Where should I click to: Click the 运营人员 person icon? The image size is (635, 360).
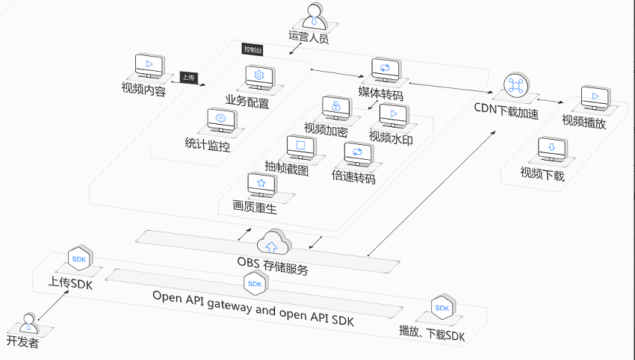point(314,16)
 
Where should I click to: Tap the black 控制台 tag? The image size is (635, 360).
point(253,49)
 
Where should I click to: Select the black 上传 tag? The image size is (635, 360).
point(189,78)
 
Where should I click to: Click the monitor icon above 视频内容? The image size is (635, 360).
point(149,65)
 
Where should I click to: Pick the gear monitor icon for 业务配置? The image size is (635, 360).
point(260,77)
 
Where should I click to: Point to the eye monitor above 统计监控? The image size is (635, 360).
point(222,120)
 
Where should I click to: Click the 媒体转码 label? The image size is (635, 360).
point(381,93)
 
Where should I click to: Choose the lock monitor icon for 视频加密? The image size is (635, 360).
point(337,108)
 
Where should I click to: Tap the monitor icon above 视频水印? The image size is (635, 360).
point(394,116)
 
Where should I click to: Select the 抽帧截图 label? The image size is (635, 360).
point(287,167)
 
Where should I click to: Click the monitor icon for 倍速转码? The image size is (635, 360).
point(359,154)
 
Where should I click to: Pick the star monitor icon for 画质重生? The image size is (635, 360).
point(262,184)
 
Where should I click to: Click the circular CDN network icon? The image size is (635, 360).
point(516,85)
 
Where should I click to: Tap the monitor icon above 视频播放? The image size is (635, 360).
point(595,98)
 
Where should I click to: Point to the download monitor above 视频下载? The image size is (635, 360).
point(552,149)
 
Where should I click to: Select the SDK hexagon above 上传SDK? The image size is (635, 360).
point(80,258)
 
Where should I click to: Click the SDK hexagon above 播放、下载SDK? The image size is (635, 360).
point(443,307)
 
